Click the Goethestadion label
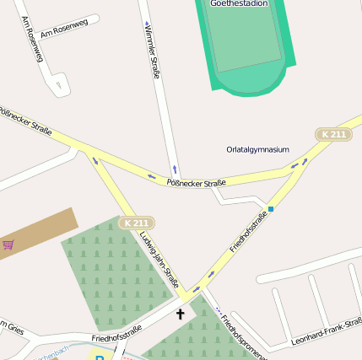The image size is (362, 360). [x=239, y=3]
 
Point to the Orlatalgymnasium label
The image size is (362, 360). [x=257, y=149]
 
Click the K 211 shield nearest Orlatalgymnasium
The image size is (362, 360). [x=333, y=134]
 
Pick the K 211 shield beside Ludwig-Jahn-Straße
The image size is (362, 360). [x=136, y=223]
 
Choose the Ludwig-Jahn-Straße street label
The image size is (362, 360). [x=159, y=261]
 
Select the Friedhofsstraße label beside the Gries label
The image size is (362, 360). [x=116, y=336]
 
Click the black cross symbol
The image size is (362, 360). [x=180, y=314]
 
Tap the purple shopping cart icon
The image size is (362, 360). [x=8, y=244]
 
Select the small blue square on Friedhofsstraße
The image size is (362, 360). [x=271, y=208]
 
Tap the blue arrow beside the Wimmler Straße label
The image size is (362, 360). [x=147, y=24]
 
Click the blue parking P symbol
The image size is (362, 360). [x=100, y=357]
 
